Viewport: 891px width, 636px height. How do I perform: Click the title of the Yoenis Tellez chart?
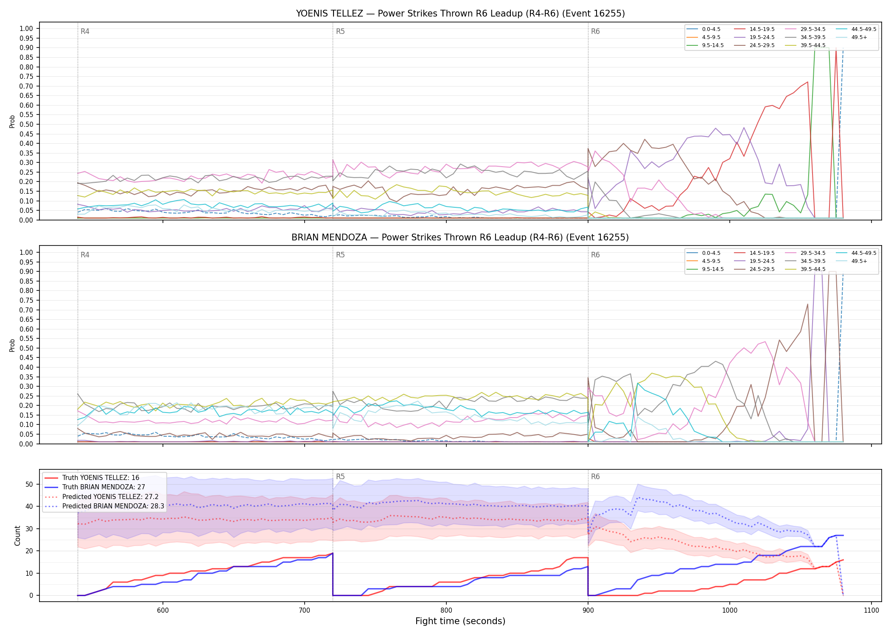(460, 14)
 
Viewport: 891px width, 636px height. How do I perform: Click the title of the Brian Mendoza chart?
(460, 237)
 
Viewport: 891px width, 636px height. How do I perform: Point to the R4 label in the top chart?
(85, 31)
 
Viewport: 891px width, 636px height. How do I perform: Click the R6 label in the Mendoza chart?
(595, 255)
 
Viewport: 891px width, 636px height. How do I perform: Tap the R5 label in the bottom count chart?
(340, 477)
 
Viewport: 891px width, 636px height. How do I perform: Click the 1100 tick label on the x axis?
(871, 611)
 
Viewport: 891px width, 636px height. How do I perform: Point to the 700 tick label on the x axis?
(305, 611)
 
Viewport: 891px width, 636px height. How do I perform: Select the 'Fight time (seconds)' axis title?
(460, 621)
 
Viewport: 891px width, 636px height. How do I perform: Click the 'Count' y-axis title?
(17, 536)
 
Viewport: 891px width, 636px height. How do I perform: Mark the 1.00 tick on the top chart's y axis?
(26, 29)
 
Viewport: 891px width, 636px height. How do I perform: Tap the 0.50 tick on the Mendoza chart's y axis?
(26, 348)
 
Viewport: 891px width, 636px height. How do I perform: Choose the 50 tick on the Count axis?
(29, 484)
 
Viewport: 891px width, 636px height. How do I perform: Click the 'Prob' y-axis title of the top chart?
(12, 121)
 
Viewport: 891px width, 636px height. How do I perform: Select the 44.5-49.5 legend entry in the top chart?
(864, 29)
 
